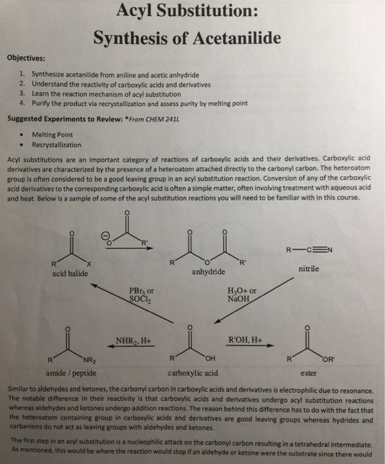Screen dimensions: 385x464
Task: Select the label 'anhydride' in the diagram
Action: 207,272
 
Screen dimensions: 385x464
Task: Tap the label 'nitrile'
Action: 308,268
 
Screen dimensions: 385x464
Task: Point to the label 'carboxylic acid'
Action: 193,373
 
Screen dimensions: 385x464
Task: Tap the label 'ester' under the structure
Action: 308,373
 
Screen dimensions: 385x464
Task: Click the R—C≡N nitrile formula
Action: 308,250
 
